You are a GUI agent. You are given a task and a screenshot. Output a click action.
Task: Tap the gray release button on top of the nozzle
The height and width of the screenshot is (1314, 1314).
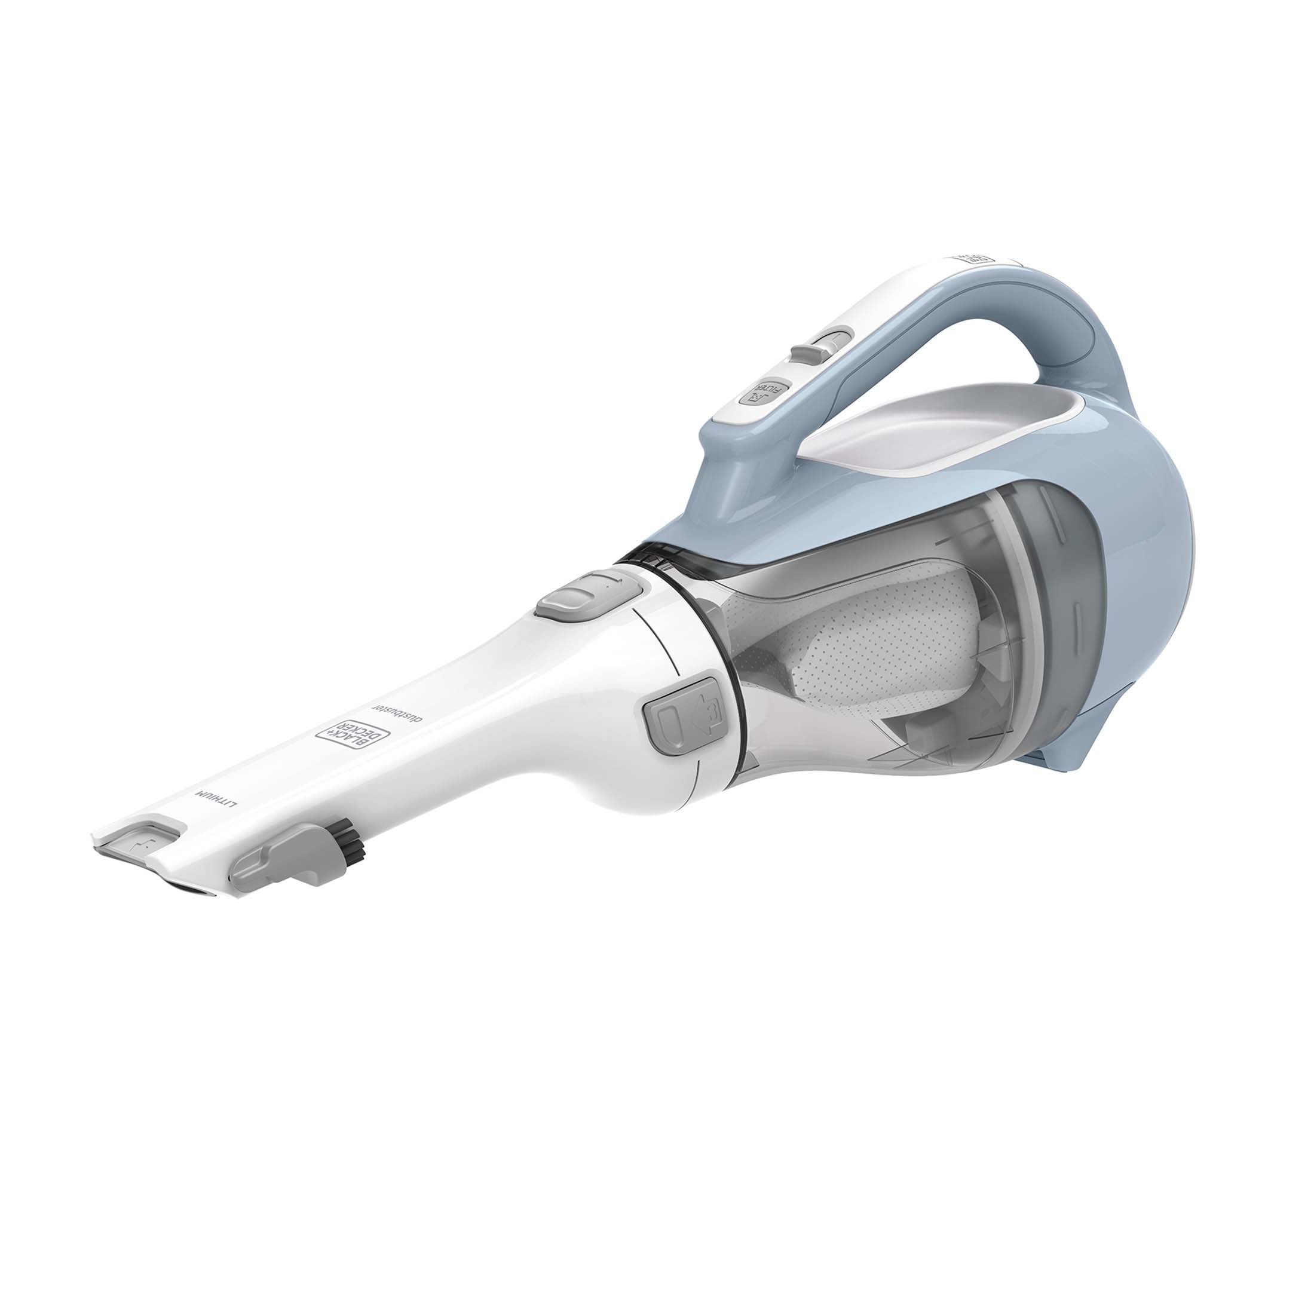pyautogui.click(x=586, y=594)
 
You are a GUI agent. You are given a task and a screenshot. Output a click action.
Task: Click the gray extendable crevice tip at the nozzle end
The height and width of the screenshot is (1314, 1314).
pyautogui.click(x=139, y=841)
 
